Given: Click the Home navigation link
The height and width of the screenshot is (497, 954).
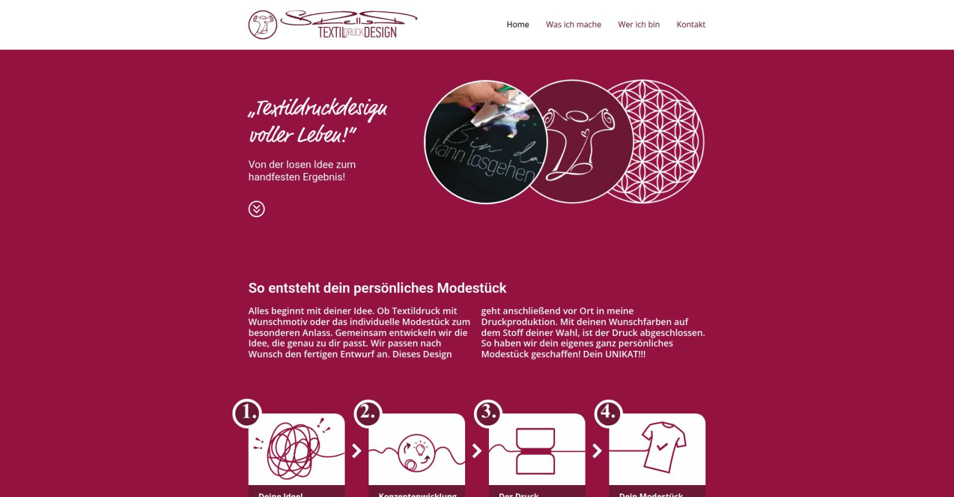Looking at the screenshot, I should [518, 24].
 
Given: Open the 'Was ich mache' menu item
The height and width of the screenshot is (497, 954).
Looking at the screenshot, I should [573, 24].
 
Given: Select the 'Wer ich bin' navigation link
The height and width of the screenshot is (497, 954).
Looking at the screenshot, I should [639, 24].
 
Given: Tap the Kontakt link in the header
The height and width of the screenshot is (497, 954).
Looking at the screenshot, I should [690, 24].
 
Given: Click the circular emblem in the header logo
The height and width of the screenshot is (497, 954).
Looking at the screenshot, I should [262, 25].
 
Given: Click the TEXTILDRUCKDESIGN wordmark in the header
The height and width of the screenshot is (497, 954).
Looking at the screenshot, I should [357, 32].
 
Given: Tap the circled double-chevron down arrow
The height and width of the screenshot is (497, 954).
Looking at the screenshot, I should [256, 209].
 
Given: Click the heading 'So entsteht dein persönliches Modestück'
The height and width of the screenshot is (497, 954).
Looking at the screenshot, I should [377, 288].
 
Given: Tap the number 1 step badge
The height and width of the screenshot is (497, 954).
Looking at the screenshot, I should [246, 413].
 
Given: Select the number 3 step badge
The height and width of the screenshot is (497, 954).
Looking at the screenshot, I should [488, 413].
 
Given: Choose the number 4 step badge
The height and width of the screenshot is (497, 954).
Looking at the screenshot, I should [608, 413].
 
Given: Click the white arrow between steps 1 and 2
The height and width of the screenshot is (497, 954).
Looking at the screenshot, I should [357, 450].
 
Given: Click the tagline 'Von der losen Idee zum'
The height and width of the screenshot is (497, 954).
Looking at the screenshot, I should [302, 165].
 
